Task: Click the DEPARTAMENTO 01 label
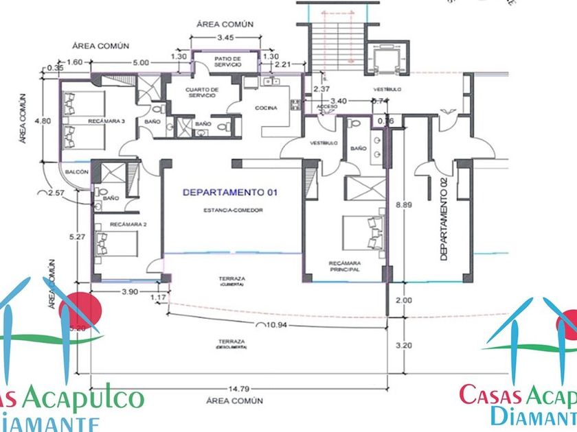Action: [x=229, y=193]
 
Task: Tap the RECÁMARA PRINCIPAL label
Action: [x=345, y=267]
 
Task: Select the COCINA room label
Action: [x=266, y=108]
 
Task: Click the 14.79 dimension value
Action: [x=233, y=386]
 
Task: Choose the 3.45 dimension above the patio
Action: [x=225, y=35]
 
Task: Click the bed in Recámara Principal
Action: [x=364, y=231]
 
